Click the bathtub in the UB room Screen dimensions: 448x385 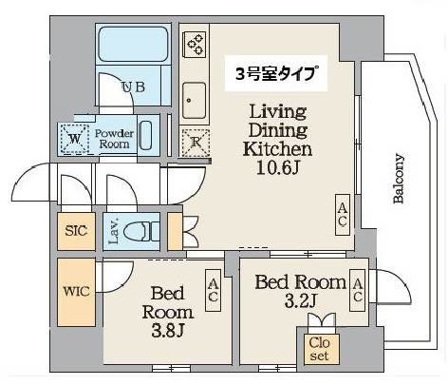[x=133, y=44]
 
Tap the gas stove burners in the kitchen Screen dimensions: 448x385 [x=195, y=44]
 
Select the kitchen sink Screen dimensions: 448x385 [x=194, y=101]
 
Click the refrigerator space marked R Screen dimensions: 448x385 [x=196, y=143]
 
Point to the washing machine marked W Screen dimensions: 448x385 [x=74, y=139]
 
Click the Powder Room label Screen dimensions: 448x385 [x=114, y=139]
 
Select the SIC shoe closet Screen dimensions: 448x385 [x=76, y=231]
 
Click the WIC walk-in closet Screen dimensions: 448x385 [x=76, y=292]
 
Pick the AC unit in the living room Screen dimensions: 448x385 [x=343, y=215]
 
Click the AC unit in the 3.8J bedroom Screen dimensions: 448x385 [x=214, y=290]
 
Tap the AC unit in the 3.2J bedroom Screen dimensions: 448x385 [x=358, y=290]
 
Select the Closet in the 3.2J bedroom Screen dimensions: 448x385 [x=320, y=349]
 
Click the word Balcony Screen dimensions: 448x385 [x=399, y=179]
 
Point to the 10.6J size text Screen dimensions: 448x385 [x=278, y=168]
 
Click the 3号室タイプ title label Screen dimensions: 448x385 [x=276, y=73]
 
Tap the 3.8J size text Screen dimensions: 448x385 [x=168, y=331]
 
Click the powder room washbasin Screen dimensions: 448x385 [x=146, y=135]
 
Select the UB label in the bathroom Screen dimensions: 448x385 [x=133, y=87]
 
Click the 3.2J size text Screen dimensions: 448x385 [x=301, y=301]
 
